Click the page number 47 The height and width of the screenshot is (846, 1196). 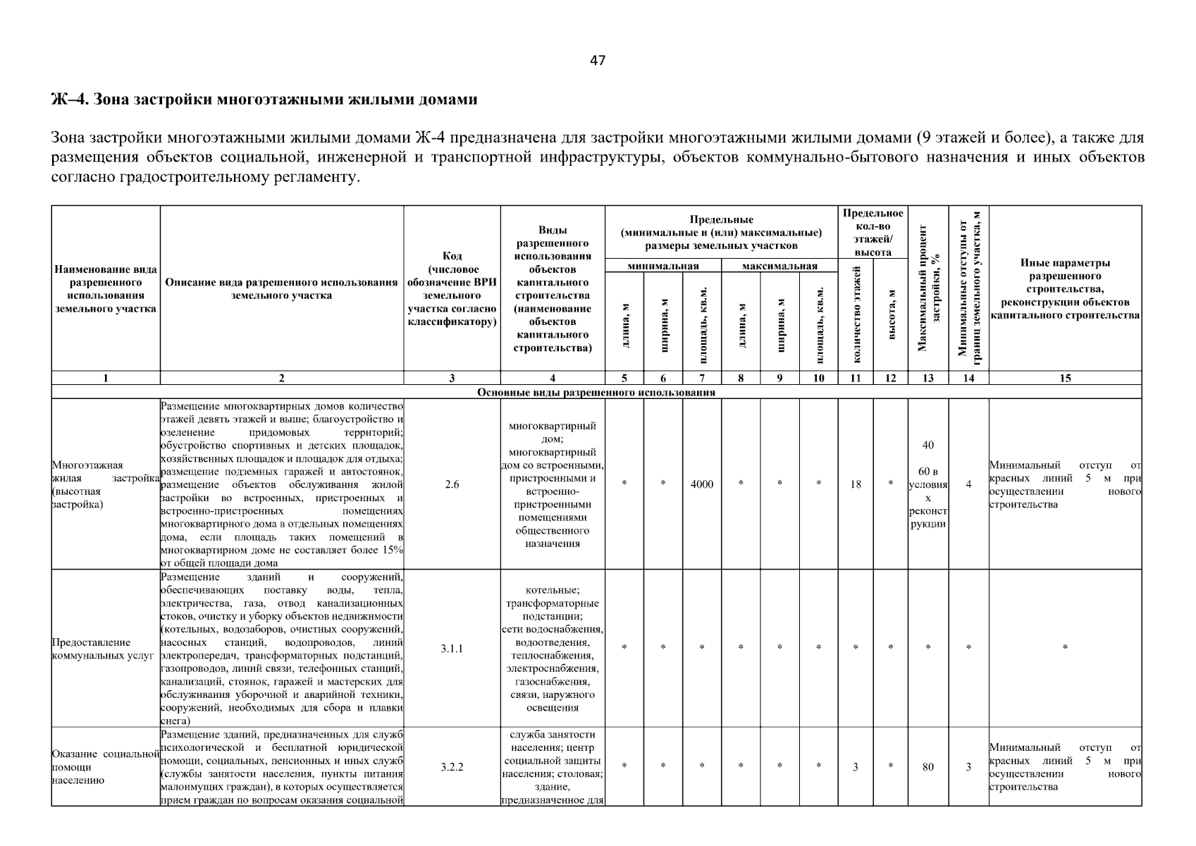pos(597,61)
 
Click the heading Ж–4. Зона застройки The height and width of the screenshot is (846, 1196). pos(264,99)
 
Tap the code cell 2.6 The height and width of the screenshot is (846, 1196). pos(452,484)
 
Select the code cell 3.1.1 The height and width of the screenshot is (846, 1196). pos(452,649)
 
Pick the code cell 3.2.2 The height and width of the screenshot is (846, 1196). pos(452,767)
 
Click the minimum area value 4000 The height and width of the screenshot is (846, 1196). pos(701,484)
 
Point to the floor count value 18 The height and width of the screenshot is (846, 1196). pos(855,484)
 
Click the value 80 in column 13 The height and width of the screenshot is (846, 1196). pos(927,767)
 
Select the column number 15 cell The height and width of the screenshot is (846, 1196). pos(1064,379)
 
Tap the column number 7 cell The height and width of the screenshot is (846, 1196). pos(701,379)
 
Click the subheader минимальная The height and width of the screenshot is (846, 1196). pos(662,266)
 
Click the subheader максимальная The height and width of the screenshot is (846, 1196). pos(779,266)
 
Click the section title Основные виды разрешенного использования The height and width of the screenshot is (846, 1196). pos(596,392)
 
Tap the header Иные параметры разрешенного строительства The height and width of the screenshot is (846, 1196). pos(1064,289)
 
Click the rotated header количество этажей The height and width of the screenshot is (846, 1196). pos(856,314)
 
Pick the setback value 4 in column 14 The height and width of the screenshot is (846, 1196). pos(968,484)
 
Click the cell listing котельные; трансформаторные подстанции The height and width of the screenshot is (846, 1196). pos(552,649)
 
